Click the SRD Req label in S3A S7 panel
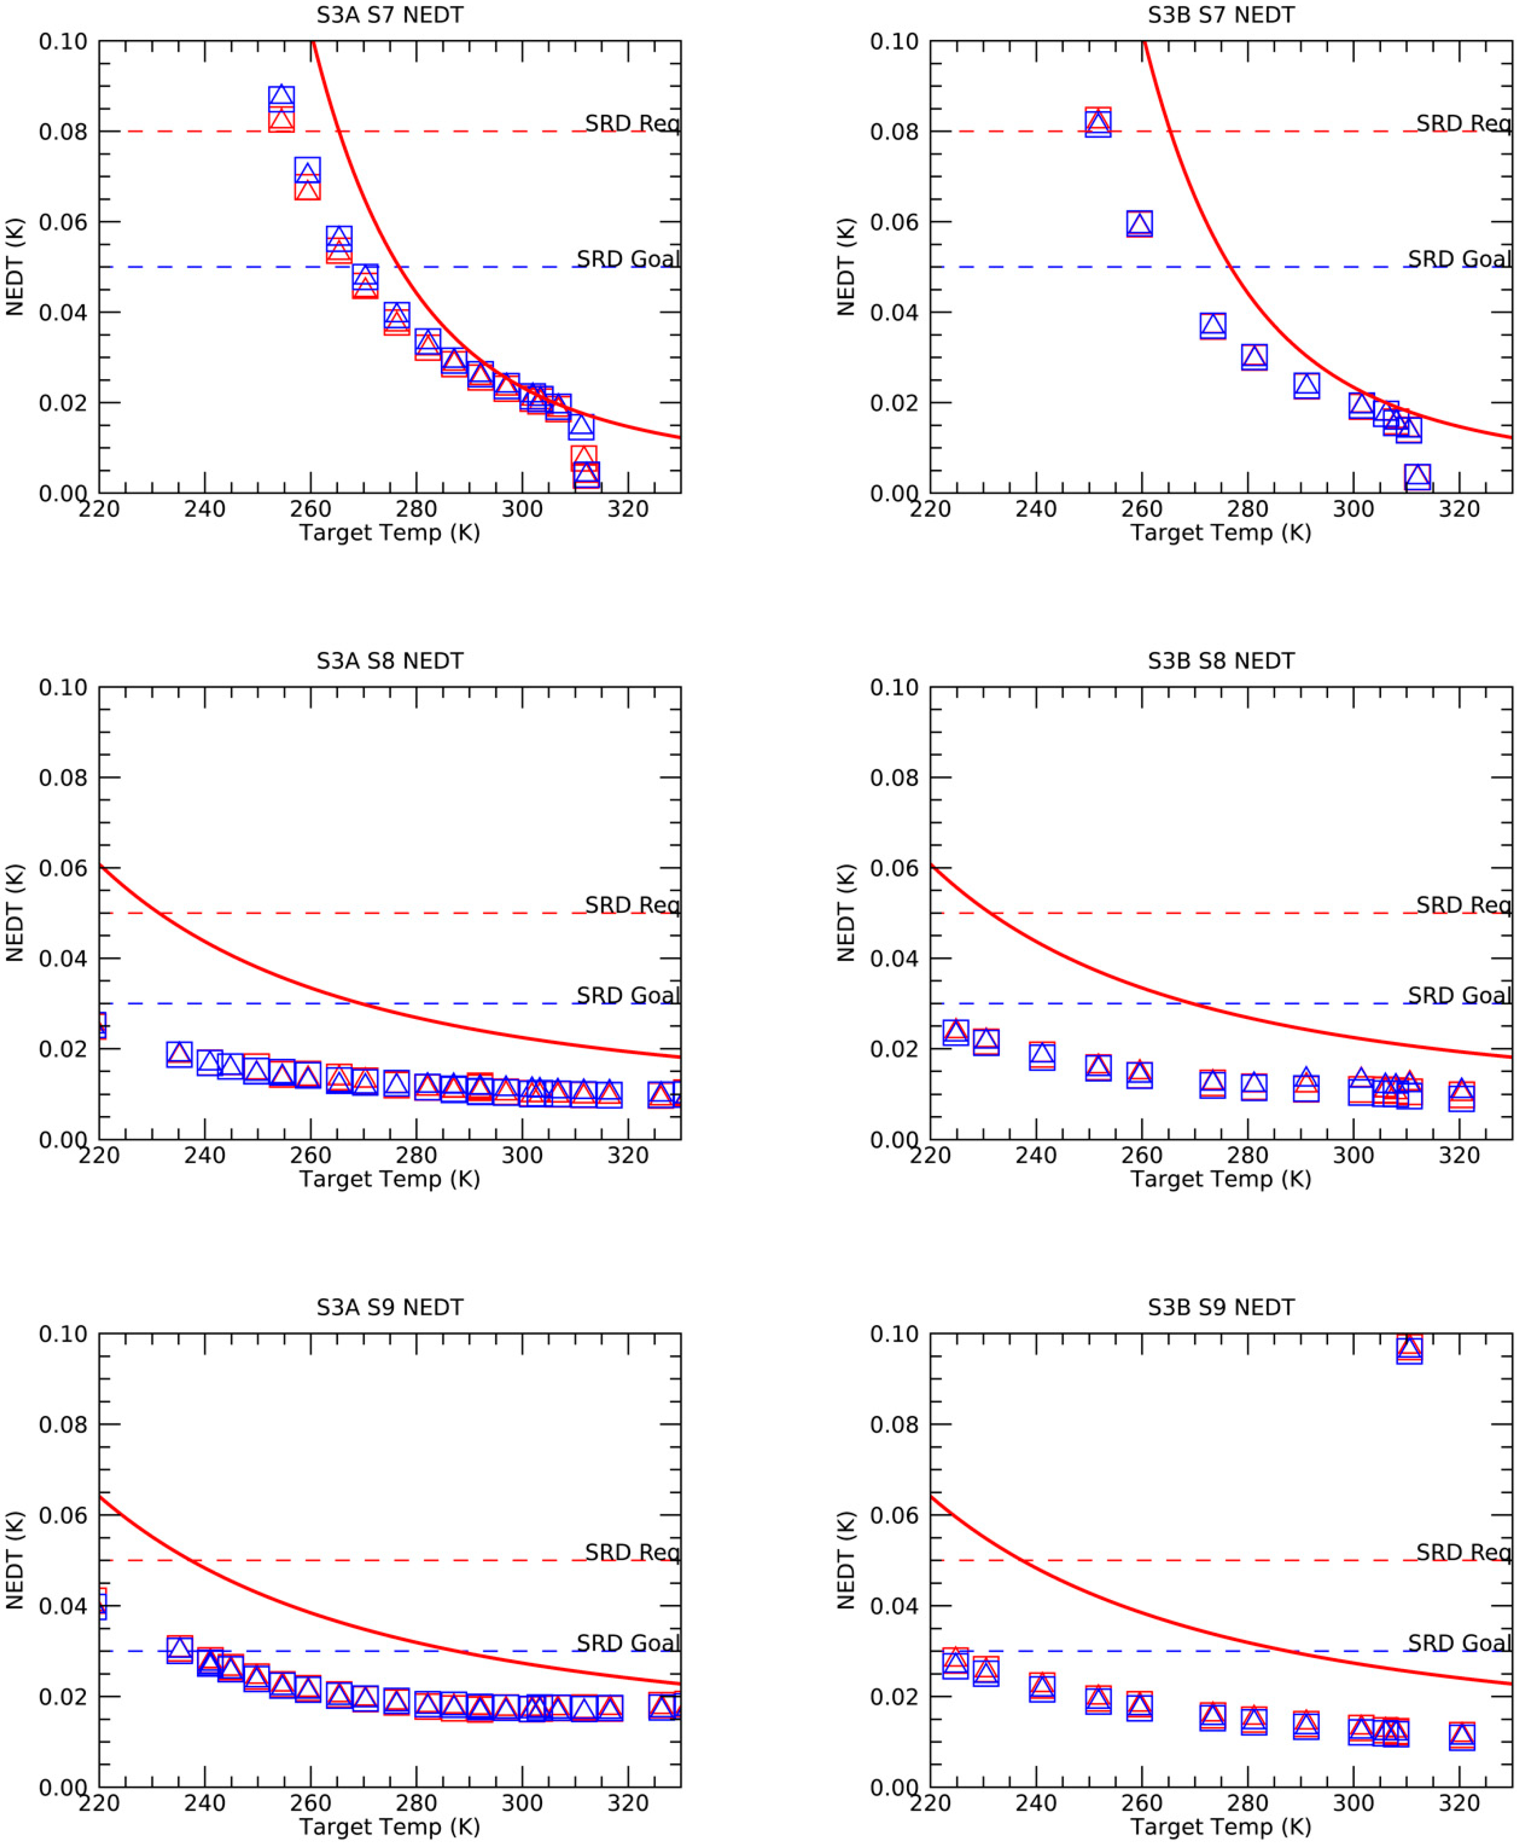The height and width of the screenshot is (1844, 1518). [632, 124]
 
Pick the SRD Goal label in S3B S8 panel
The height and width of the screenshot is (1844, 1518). [1459, 996]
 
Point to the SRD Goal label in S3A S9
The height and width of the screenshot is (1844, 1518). [627, 1643]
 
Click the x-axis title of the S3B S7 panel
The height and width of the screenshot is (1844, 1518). [1221, 533]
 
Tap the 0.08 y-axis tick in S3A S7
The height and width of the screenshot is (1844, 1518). [63, 132]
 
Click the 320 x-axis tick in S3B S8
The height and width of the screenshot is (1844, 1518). [1460, 1155]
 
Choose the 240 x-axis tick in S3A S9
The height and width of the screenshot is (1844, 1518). [204, 1803]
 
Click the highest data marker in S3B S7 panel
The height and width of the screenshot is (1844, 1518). [1098, 123]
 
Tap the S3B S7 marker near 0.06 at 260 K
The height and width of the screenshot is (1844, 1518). [1139, 224]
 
